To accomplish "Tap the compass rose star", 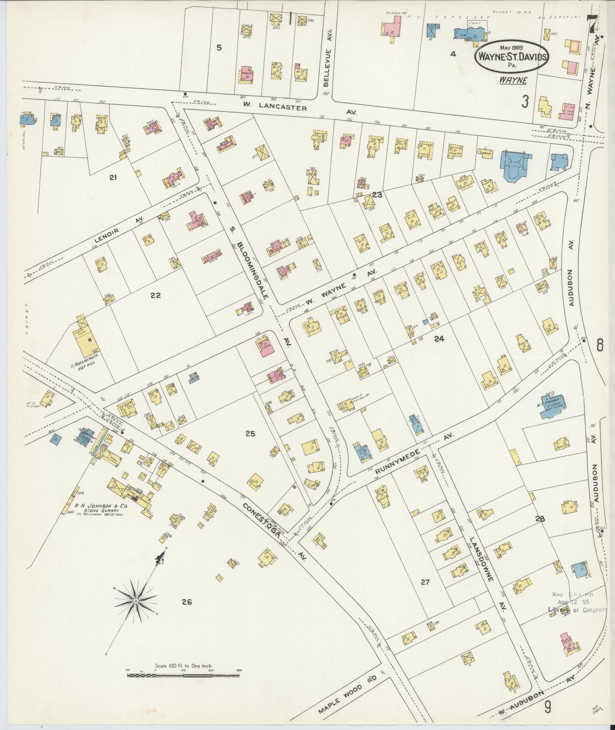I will [136, 601].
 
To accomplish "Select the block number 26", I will [186, 602].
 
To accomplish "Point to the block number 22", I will [156, 295].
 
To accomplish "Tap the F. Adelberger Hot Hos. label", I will [83, 359].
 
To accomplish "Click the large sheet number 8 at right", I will [599, 346].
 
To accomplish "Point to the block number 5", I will [219, 48].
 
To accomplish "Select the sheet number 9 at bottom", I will [548, 708].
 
